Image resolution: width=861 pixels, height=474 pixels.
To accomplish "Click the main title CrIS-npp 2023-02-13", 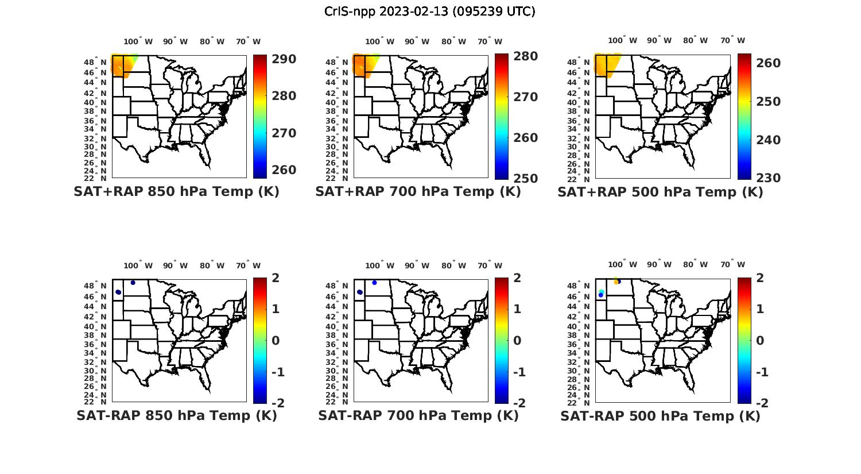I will tap(429, 11).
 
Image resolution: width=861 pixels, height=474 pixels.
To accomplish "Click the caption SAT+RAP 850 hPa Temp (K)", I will tap(176, 191).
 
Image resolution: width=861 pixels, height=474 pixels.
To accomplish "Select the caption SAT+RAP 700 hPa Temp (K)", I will tap(418, 191).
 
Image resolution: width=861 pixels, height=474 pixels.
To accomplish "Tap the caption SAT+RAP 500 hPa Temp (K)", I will tap(660, 192).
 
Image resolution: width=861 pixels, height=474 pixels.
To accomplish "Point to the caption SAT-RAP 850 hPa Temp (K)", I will tap(176, 415).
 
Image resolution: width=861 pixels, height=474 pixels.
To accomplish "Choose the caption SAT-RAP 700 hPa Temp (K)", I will tap(418, 415).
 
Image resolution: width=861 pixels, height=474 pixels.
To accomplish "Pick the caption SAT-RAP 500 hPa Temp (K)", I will tap(660, 416).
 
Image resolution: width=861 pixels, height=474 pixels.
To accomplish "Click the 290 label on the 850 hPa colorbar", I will tap(284, 59).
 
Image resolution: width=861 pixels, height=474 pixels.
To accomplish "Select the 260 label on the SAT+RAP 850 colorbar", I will tap(284, 170).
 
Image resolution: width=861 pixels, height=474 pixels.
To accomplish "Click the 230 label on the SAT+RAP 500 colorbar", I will tap(768, 178).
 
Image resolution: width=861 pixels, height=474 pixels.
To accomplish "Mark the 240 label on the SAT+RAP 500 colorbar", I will tap(768, 140).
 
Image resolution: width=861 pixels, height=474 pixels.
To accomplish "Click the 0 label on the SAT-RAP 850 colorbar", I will tap(276, 340).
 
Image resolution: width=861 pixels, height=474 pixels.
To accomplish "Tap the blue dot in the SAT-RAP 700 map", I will tap(374, 283).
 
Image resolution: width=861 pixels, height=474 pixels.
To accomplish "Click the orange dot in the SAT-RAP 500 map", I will tap(616, 282).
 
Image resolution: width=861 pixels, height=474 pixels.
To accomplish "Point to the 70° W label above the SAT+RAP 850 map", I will tap(249, 41).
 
